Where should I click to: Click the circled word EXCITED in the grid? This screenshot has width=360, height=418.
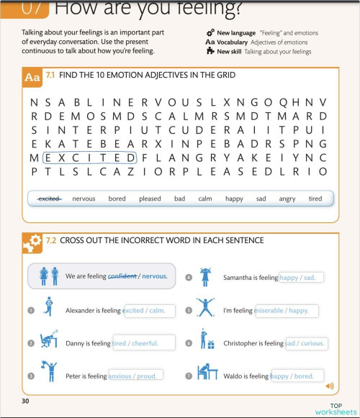tap(90, 158)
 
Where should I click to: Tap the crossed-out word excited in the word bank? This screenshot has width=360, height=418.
tap(49, 199)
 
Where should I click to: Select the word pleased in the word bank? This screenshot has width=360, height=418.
tap(150, 199)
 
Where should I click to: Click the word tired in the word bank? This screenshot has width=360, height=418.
tap(315, 199)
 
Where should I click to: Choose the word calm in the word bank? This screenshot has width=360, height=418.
tap(205, 199)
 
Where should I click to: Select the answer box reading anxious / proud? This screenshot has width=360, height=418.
tap(135, 375)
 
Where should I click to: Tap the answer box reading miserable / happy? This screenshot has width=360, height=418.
tap(286, 311)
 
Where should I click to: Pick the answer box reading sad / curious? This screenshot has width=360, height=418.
tap(306, 343)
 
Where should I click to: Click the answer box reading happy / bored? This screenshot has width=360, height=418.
tap(296, 375)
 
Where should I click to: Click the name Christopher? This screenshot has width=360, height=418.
tap(244, 344)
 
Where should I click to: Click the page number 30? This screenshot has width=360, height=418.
tap(26, 400)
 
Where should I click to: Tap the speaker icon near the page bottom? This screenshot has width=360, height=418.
tap(330, 386)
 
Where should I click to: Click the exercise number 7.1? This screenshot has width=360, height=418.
tap(50, 75)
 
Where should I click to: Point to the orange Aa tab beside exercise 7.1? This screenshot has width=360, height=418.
tap(32, 76)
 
